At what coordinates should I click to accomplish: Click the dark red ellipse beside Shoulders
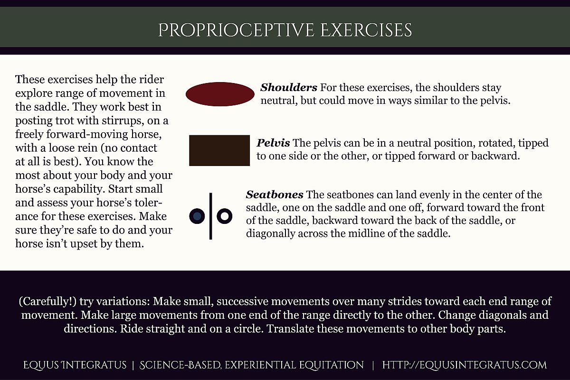pos(220,94)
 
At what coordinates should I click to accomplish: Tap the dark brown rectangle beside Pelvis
pos(219,150)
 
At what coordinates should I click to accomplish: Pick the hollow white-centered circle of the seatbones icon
pos(224,216)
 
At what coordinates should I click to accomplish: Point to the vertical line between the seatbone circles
pos(210,216)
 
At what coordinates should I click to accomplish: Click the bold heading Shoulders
pos(289,88)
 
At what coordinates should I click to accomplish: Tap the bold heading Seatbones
pos(275,195)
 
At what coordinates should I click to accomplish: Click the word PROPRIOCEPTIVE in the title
pos(236,31)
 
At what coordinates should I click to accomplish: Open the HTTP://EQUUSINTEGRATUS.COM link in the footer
pos(464,365)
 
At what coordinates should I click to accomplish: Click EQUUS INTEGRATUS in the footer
pos(75,365)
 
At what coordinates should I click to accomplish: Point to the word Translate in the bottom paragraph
pos(290,328)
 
